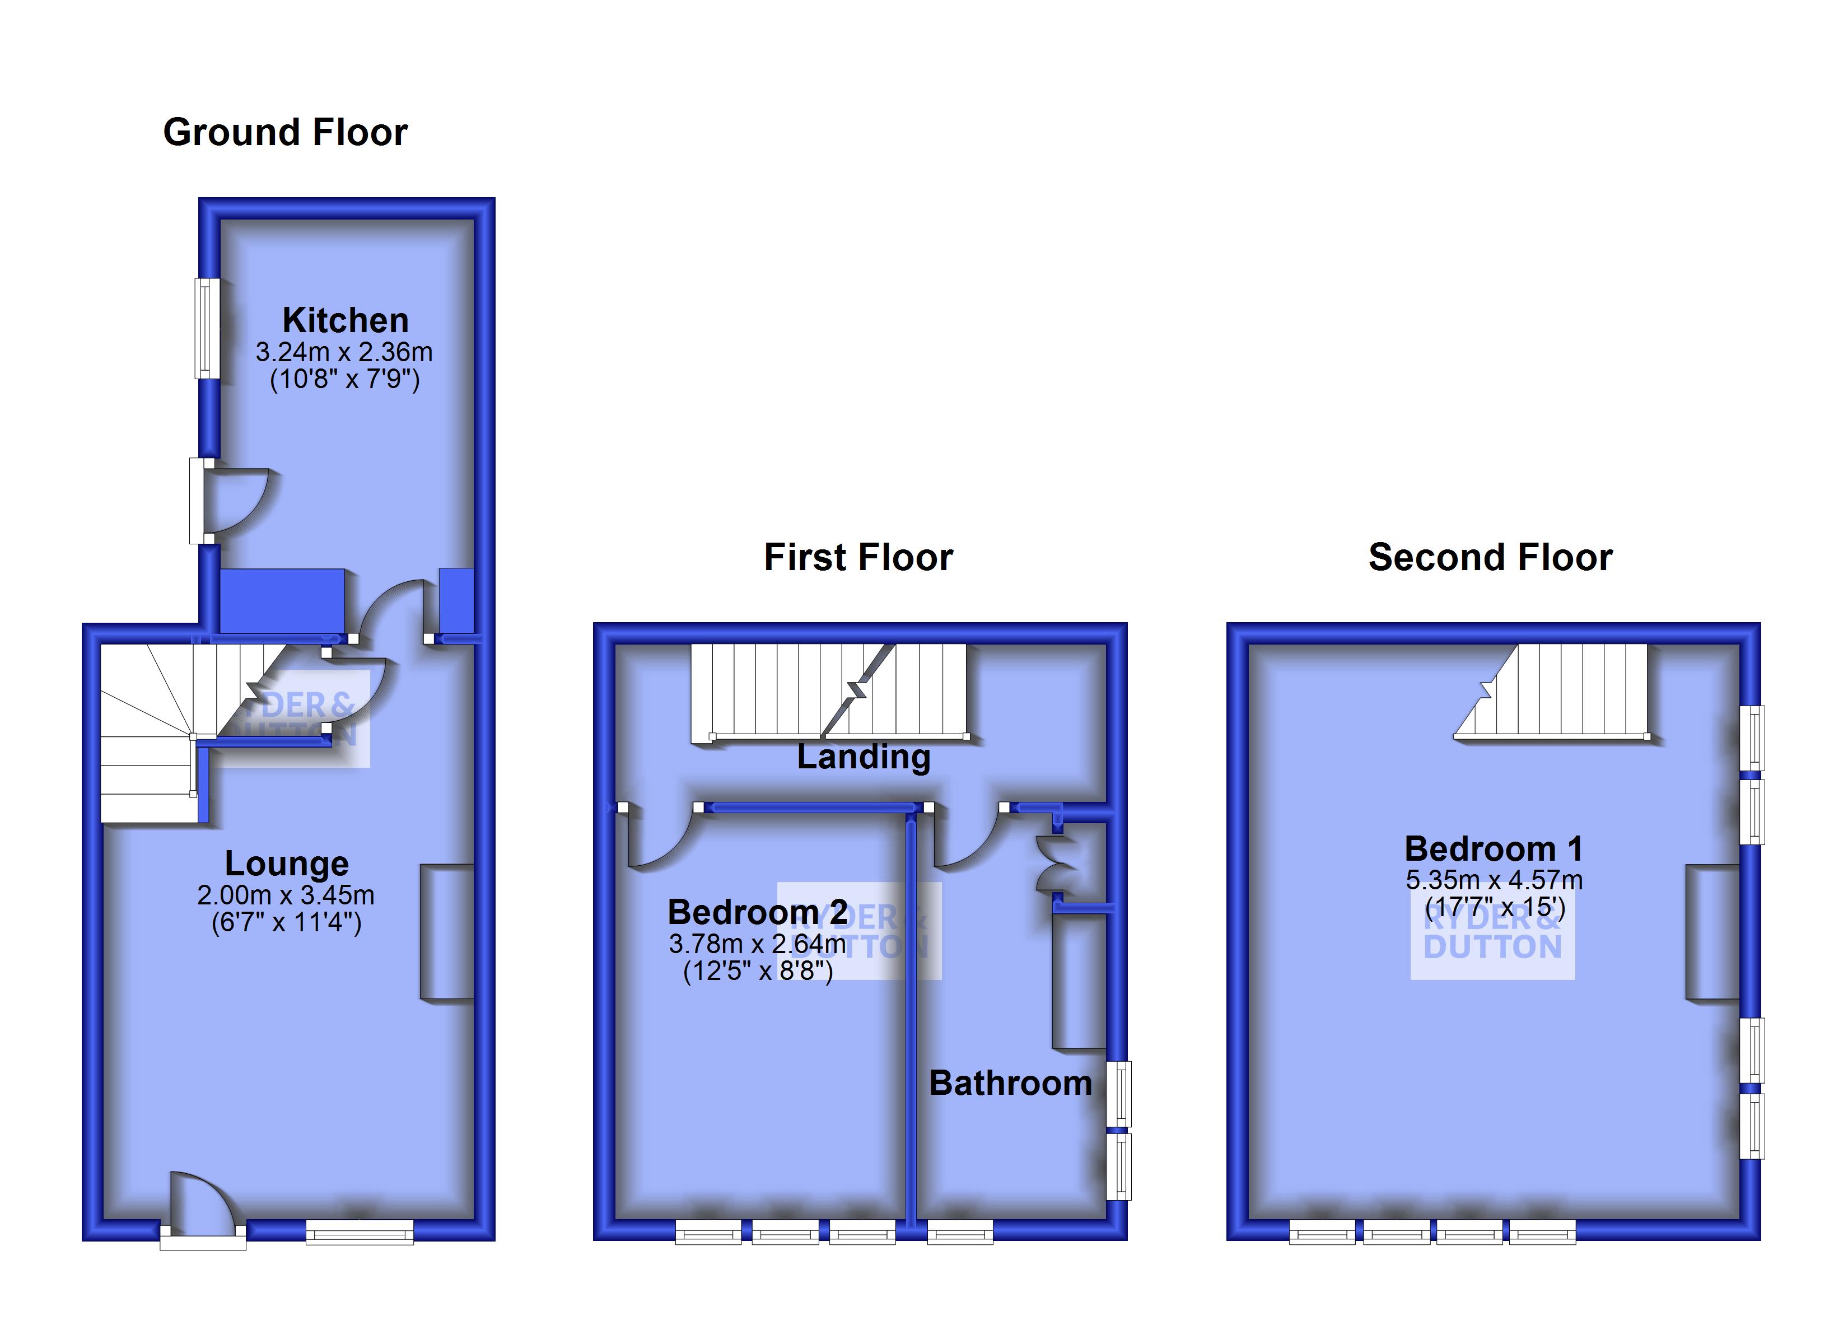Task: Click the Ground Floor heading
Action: [x=285, y=132]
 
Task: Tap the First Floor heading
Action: [x=858, y=558]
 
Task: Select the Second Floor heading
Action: [x=1490, y=558]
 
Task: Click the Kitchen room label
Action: [x=346, y=320]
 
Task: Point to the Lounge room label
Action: [x=287, y=863]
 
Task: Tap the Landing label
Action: [x=864, y=757]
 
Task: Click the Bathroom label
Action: [x=1010, y=1083]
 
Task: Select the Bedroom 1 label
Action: [x=1494, y=850]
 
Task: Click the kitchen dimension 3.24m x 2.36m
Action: [x=344, y=352]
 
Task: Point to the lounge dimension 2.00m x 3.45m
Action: [x=286, y=895]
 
